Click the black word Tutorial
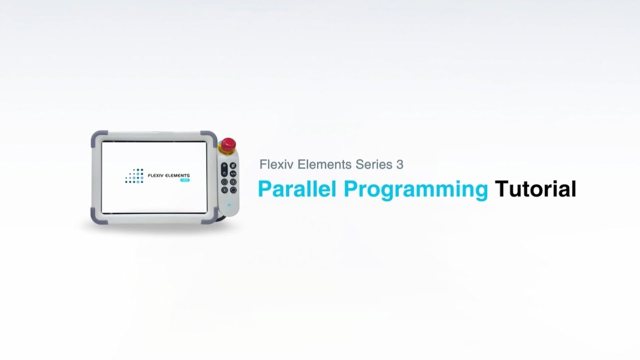(x=535, y=189)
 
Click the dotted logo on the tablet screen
(x=134, y=176)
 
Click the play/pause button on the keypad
(x=233, y=173)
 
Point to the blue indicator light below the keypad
(x=229, y=205)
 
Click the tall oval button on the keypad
(x=224, y=169)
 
